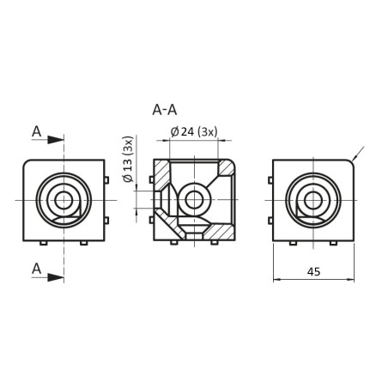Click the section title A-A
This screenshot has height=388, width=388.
(164, 110)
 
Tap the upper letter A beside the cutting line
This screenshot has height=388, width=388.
(36, 130)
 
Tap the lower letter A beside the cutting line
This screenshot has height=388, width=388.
(36, 269)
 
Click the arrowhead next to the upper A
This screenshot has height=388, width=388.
(57, 139)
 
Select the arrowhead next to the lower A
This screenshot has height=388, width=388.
(57, 276)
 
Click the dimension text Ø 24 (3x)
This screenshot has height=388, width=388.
(195, 131)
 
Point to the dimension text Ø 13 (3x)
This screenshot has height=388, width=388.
(128, 160)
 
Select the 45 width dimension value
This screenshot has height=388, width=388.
(313, 272)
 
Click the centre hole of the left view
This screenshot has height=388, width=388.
(63, 200)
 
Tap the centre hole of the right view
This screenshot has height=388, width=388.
(312, 200)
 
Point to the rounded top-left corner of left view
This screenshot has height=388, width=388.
(28, 162)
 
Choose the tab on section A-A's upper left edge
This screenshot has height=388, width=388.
(151, 179)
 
